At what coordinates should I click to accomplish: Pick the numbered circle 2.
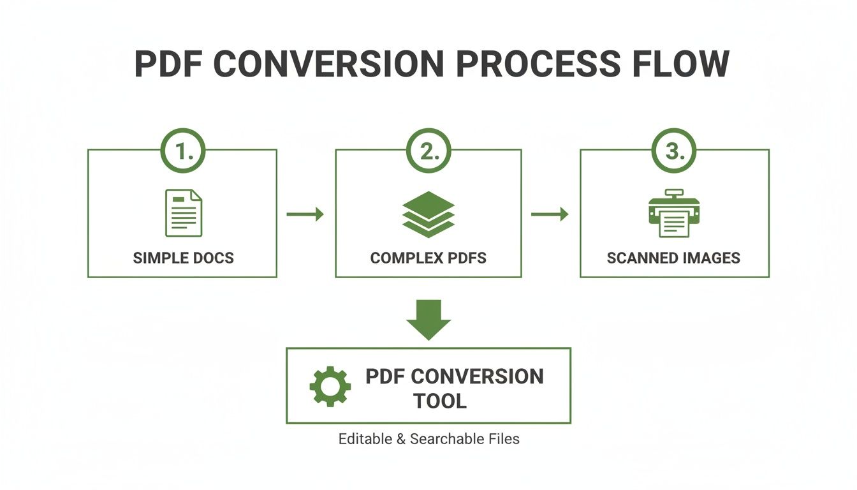428,152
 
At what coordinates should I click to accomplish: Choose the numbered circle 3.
674,152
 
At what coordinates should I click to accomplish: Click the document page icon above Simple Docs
184,213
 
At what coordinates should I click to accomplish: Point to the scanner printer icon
674,213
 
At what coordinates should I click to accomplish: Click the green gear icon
330,387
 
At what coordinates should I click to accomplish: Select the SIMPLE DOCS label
184,258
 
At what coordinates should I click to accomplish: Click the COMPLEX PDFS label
428,258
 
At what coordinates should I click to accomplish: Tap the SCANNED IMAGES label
673,258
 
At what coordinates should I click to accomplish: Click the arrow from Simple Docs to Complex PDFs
305,214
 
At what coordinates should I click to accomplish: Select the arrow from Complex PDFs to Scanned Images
550,214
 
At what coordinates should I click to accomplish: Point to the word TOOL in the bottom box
440,401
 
